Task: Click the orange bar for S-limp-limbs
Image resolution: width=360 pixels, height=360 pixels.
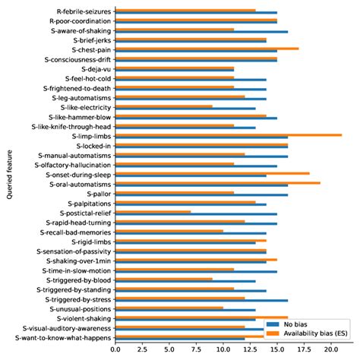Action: point(228,134)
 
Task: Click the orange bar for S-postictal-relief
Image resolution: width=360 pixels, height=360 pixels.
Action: point(153,211)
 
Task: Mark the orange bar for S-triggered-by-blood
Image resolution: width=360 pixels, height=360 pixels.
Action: point(163,279)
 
